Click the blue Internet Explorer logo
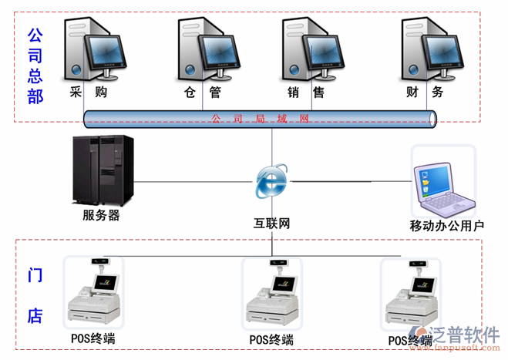coord(271,182)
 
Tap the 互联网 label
coord(272,224)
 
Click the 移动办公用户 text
coord(446,226)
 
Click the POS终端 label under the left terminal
coord(92,338)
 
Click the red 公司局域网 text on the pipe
coord(259,119)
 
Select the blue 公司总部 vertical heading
coord(35,66)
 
